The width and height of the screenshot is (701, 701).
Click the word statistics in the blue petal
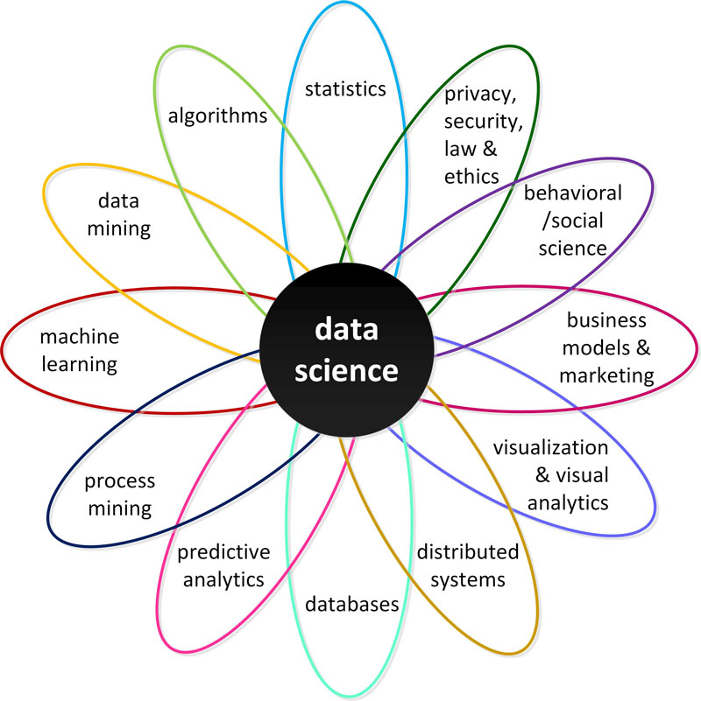(x=345, y=88)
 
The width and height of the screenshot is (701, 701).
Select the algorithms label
(x=216, y=115)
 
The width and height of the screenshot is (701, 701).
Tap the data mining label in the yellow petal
(x=124, y=214)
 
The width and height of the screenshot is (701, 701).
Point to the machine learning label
(x=80, y=349)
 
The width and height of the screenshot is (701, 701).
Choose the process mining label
(x=119, y=494)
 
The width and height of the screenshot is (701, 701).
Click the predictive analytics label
(x=223, y=564)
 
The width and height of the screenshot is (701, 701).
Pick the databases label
(x=352, y=604)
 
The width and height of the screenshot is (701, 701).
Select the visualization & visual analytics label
(x=549, y=475)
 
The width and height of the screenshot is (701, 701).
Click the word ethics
(x=471, y=175)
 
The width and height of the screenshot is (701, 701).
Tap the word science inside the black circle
(x=346, y=370)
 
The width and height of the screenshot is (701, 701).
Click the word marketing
(x=606, y=375)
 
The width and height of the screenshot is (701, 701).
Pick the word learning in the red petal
(x=80, y=363)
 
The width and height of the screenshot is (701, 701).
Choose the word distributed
(x=467, y=552)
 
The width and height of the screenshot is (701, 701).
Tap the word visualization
(x=549, y=448)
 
